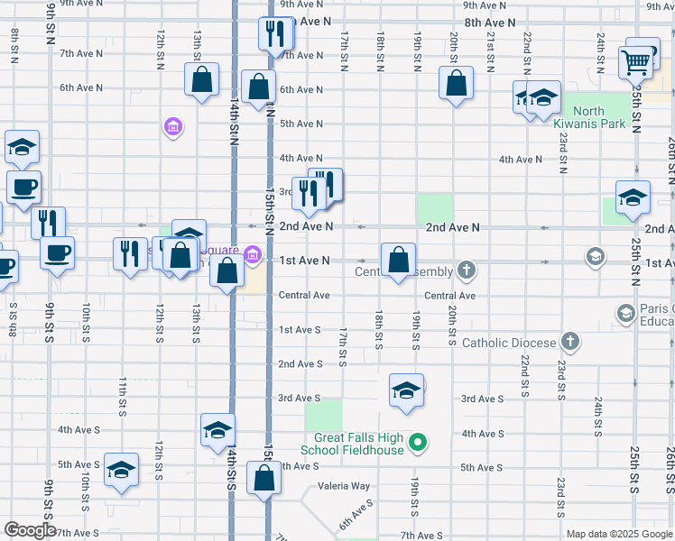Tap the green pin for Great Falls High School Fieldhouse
pyautogui.click(x=417, y=443)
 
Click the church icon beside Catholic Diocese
pyautogui.click(x=569, y=342)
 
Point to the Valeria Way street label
pyautogui.click(x=344, y=486)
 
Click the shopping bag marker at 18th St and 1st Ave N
pyautogui.click(x=398, y=261)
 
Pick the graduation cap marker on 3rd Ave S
pyautogui.click(x=406, y=391)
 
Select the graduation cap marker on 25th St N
pyautogui.click(x=633, y=198)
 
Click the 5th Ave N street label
pyautogui.click(x=301, y=124)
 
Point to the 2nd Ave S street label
pyautogui.click(x=301, y=364)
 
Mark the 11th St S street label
pyautogui.click(x=122, y=398)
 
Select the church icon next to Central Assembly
pyautogui.click(x=466, y=270)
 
